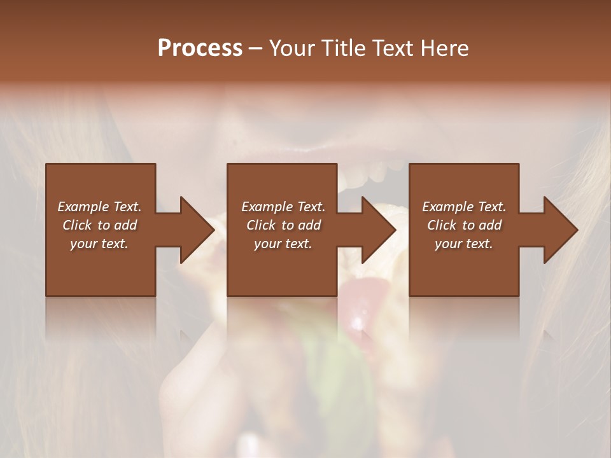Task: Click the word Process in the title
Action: [x=200, y=48]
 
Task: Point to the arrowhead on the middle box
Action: [x=378, y=230]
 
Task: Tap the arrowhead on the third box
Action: [x=560, y=230]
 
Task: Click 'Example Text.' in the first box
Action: [x=99, y=207]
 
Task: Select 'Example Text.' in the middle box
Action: [x=283, y=207]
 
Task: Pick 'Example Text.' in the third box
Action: [x=464, y=207]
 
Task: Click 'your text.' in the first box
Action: [x=99, y=244]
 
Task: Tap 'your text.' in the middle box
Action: [x=283, y=244]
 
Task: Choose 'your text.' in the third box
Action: [x=464, y=244]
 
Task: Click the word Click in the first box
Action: [x=77, y=225]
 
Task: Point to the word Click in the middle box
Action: [x=261, y=225]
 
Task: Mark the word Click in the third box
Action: [x=442, y=225]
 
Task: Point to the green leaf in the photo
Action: [x=344, y=369]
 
